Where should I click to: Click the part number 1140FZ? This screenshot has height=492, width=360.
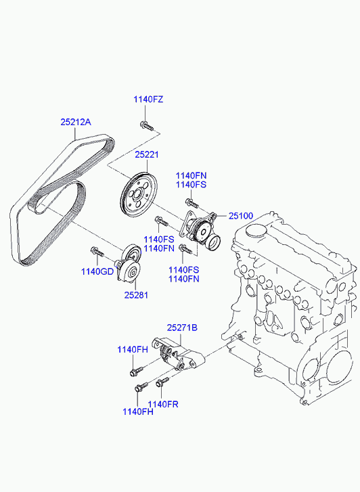click(148, 99)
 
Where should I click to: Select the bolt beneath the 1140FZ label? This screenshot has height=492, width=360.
click(146, 125)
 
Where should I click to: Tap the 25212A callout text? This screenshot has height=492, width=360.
click(75, 122)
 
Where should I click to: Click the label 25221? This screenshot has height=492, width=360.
click(146, 155)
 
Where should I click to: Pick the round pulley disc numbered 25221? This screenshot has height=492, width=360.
click(135, 195)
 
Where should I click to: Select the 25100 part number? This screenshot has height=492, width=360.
click(240, 216)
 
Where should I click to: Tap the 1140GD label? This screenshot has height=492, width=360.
click(98, 271)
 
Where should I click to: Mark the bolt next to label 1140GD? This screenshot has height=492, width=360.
click(96, 253)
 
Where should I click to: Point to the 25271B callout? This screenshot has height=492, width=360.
click(182, 328)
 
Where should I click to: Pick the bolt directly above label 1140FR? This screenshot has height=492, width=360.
click(161, 384)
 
